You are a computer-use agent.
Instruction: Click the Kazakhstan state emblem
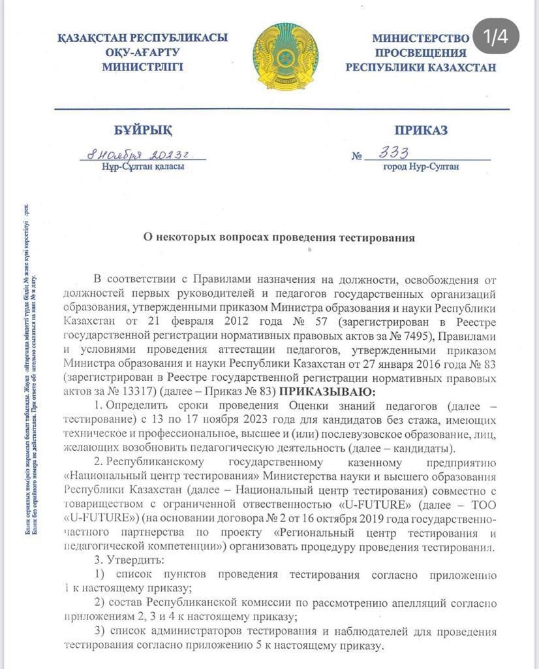coord(284,56)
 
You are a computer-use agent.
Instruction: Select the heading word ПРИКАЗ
coord(421,131)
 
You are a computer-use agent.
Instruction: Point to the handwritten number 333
coord(395,153)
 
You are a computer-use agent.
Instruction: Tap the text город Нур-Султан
coord(421,167)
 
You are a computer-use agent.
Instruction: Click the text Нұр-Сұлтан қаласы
coord(143,167)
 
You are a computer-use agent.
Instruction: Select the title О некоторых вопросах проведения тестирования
coord(279,238)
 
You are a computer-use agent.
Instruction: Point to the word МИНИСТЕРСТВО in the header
coord(421,38)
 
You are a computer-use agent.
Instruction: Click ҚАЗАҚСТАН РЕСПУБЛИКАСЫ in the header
coord(142,38)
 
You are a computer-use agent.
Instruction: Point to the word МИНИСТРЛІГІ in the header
coord(142,67)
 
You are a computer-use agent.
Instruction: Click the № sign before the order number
coord(356,157)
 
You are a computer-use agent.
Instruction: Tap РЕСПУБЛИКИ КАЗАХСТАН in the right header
coord(421,67)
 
